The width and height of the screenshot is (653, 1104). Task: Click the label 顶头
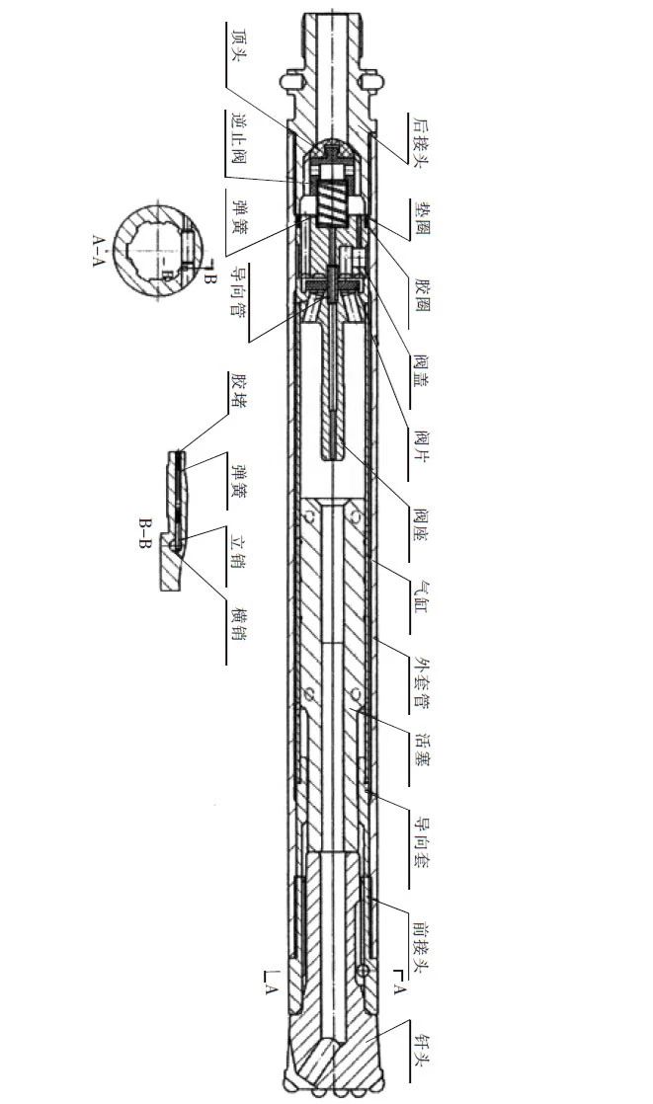coord(237,45)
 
